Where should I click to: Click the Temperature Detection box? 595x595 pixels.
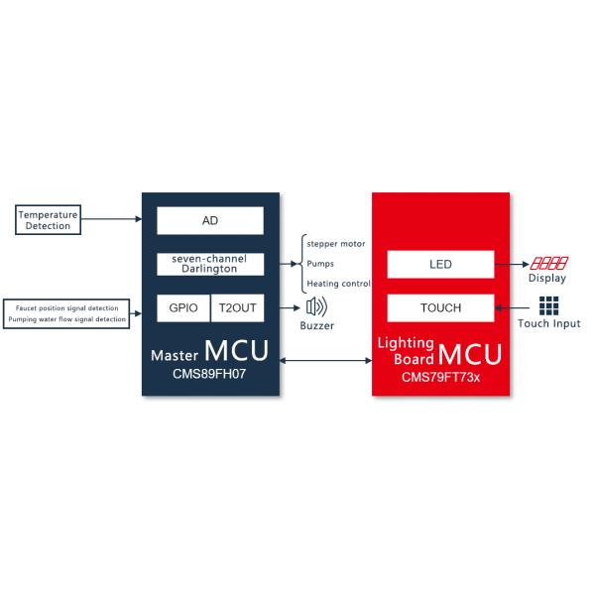(48, 220)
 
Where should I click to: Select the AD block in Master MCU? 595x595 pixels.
(210, 220)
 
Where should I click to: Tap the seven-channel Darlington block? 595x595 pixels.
(210, 264)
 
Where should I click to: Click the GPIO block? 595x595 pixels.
(183, 307)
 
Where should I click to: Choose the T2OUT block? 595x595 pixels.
(238, 307)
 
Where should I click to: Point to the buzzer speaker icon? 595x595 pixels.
(316, 307)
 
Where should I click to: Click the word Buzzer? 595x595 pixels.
(317, 325)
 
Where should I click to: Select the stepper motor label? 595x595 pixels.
(336, 244)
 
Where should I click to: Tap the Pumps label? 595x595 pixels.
(320, 264)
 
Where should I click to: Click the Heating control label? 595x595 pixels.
(338, 284)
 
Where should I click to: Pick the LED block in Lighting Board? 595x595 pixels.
(440, 264)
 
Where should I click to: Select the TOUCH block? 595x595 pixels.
(440, 307)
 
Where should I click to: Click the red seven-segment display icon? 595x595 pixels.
(549, 263)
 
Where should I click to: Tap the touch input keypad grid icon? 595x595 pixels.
(548, 305)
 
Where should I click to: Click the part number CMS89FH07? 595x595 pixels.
(209, 374)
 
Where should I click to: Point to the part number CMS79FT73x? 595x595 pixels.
(440, 377)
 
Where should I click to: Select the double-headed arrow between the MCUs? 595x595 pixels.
(325, 360)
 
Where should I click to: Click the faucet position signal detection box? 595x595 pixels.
(66, 313)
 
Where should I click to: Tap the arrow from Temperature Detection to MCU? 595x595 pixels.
(111, 219)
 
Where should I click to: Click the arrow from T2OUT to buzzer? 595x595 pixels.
(290, 307)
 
